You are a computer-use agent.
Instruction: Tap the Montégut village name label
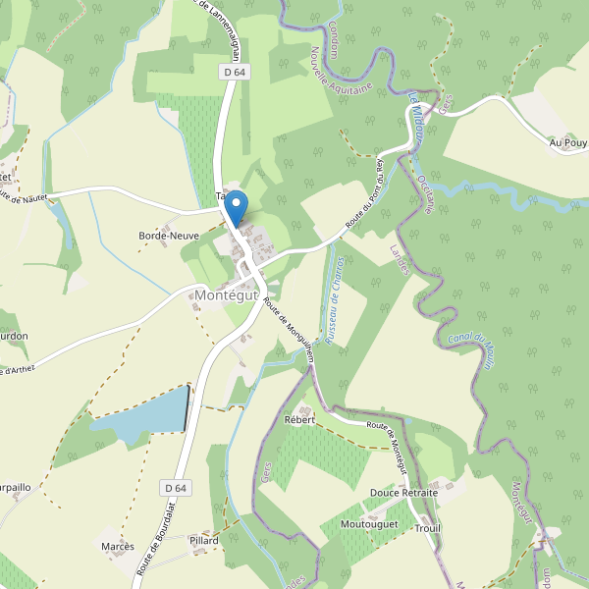coord(226,294)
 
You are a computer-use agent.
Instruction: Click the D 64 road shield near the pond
coord(176,487)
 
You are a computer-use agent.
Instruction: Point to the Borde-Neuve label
coord(169,237)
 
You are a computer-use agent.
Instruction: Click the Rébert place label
coord(299,419)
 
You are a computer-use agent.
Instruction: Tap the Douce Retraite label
coord(403,492)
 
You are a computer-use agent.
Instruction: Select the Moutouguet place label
coord(369,525)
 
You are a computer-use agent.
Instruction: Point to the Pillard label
coord(204,541)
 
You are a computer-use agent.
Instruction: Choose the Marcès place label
coord(117,545)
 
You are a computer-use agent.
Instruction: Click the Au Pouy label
coord(567,143)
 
